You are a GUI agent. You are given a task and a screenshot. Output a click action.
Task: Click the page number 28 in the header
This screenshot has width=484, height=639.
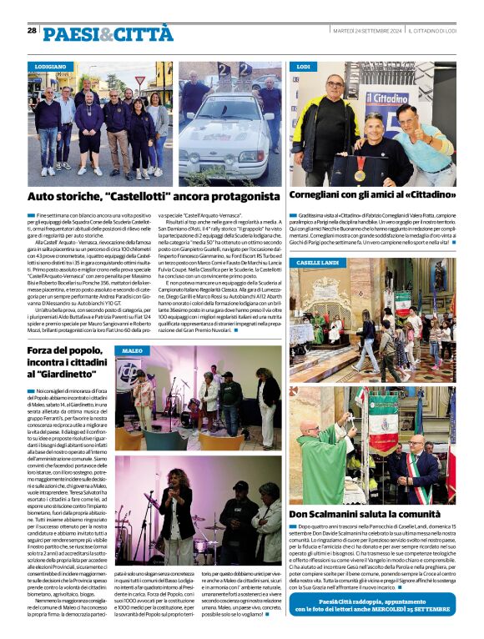[x=32, y=30]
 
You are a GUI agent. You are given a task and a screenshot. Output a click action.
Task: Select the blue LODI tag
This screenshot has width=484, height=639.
[x=304, y=66]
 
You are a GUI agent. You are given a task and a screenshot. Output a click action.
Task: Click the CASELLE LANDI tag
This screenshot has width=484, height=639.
[x=317, y=263]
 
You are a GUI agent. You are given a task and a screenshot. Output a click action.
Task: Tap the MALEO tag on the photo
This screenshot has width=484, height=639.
[x=133, y=351]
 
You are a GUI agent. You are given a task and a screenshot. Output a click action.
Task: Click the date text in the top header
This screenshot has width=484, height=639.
[x=367, y=31]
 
